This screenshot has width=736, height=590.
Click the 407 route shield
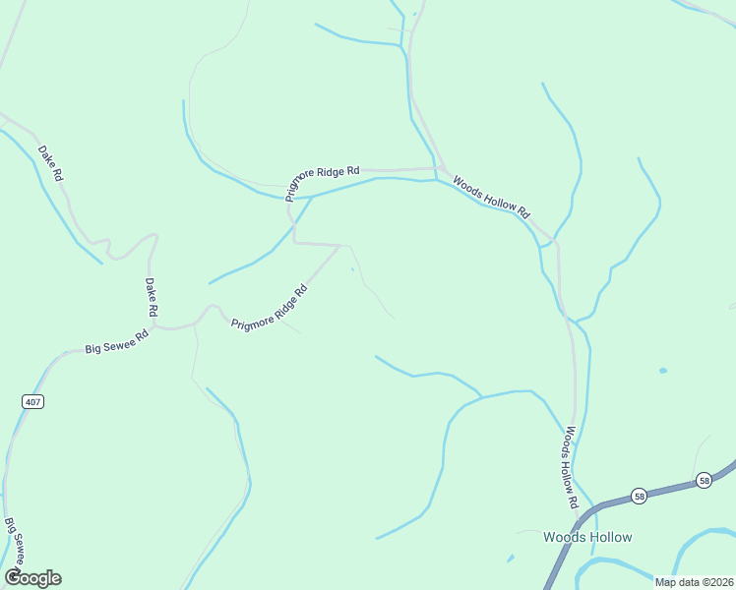(31, 401)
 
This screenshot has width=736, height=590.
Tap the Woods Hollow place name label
(587, 537)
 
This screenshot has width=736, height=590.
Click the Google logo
(31, 578)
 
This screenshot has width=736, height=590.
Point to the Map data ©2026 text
(695, 582)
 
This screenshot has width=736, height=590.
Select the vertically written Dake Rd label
(152, 296)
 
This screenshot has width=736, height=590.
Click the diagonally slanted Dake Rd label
(50, 163)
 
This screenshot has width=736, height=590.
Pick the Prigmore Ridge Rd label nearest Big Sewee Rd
(269, 307)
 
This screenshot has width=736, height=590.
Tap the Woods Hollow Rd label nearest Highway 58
(569, 467)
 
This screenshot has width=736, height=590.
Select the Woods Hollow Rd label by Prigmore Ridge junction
(491, 197)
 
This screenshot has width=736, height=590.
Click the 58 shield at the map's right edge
(704, 480)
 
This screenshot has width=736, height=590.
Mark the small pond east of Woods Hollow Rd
(662, 371)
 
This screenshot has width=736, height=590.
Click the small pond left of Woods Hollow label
(511, 559)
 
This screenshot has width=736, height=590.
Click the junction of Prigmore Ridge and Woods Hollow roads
(436, 168)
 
